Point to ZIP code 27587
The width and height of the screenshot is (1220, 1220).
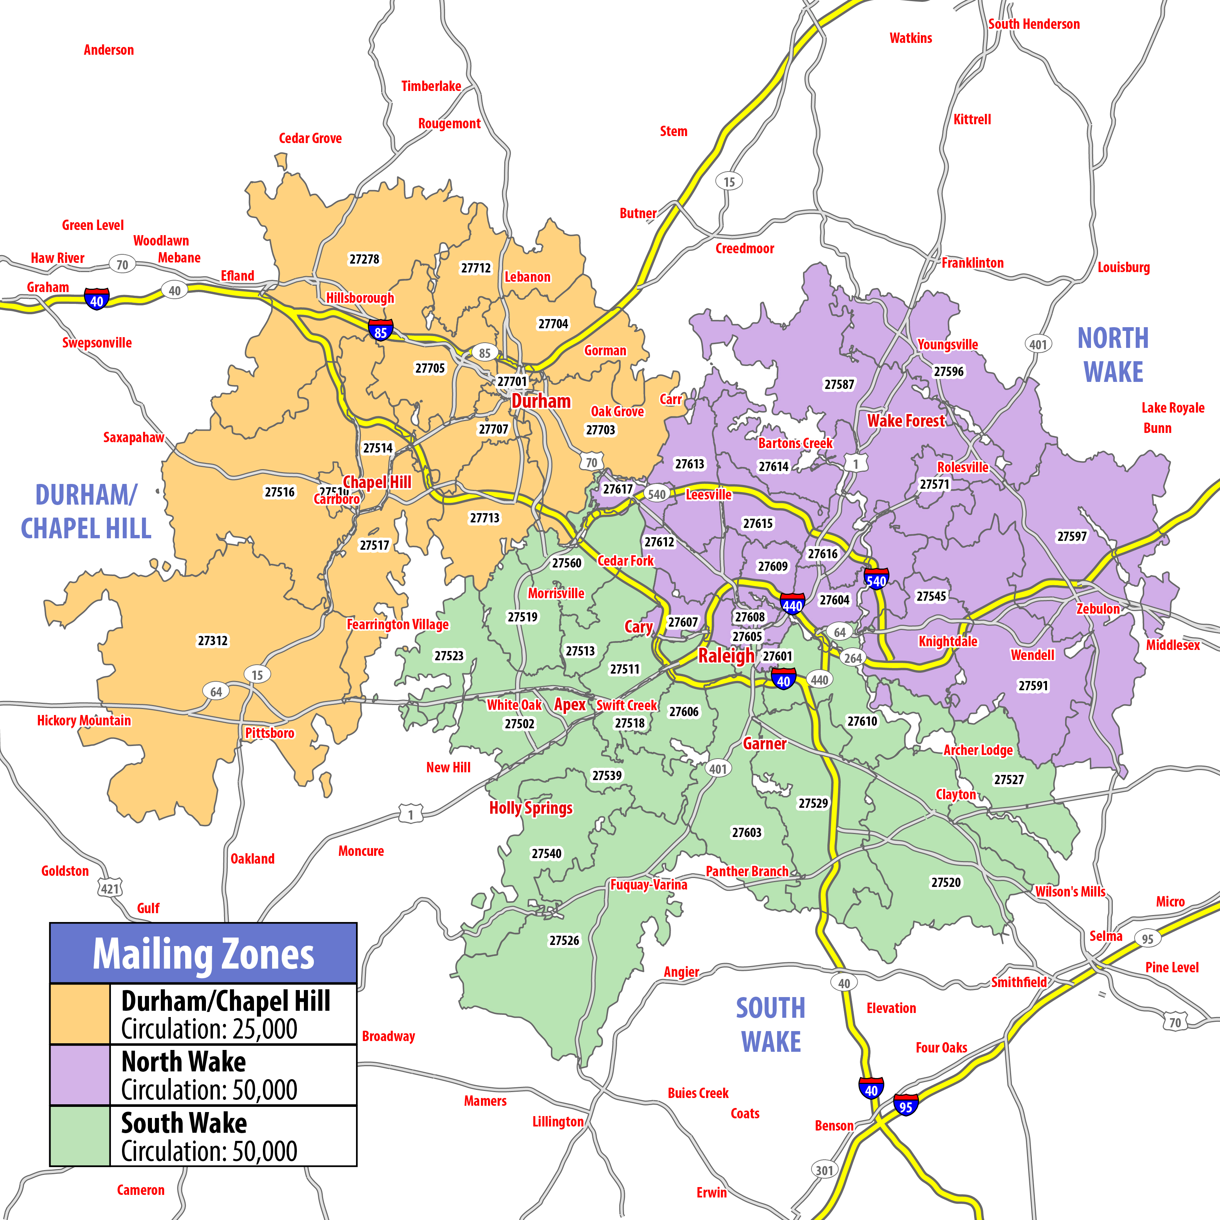(x=838, y=384)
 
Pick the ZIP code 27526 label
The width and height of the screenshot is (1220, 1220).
(x=564, y=940)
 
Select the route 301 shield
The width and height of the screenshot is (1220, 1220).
(x=824, y=1170)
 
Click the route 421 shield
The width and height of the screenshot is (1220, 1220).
(x=110, y=888)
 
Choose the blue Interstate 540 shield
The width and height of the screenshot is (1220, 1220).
(x=876, y=579)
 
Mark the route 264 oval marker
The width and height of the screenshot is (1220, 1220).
(x=853, y=658)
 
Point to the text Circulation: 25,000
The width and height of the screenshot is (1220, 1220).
(x=209, y=1028)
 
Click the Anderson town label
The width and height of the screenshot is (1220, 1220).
(x=109, y=50)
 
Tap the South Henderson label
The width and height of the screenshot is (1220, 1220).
(x=1034, y=24)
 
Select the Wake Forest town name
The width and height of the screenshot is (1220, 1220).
(x=905, y=421)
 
